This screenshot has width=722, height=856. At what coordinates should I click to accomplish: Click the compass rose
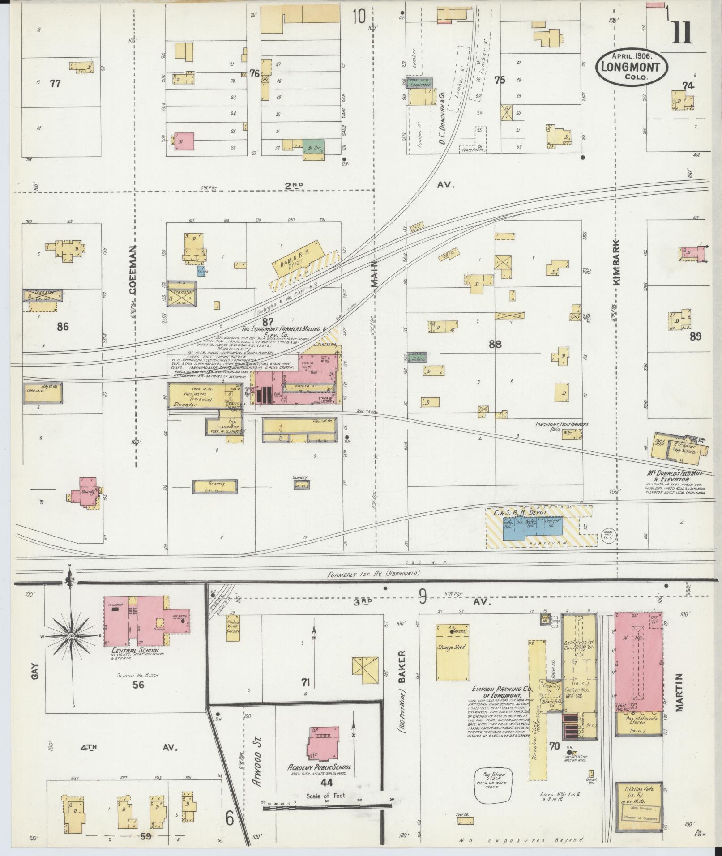[70, 635]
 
